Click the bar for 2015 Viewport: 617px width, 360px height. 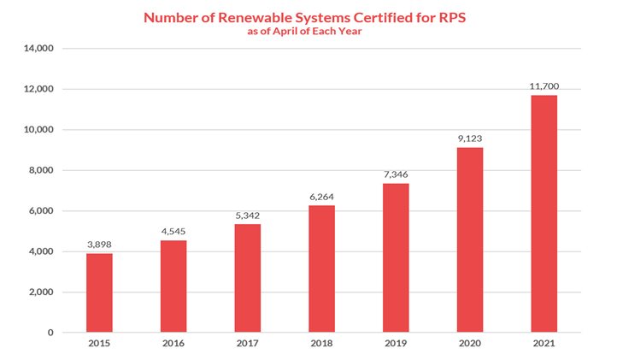[99, 292]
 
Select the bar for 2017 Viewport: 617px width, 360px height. [247, 278]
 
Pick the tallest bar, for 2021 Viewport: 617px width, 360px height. [544, 214]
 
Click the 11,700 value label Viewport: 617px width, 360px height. [544, 86]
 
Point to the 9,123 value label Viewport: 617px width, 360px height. [469, 138]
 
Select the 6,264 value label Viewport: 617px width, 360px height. [321, 196]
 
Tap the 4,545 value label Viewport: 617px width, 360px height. [173, 231]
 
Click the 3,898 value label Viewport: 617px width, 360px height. [99, 244]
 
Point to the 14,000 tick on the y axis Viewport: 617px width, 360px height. [39, 49]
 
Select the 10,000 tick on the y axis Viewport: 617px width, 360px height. [39, 130]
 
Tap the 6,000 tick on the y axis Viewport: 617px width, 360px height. [42, 211]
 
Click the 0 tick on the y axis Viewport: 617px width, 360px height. [52, 333]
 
